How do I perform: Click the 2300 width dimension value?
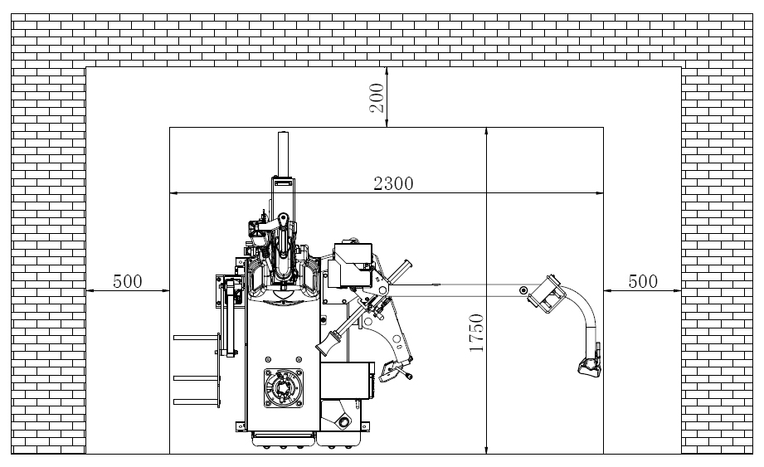393,183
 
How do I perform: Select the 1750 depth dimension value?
476,333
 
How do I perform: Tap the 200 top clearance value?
377,98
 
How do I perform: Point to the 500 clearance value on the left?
128,281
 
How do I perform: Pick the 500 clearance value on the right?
643,281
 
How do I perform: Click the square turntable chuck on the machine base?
283,388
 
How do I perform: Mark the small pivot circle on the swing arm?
523,290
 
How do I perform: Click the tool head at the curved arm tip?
590,364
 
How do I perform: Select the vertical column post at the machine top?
284,154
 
